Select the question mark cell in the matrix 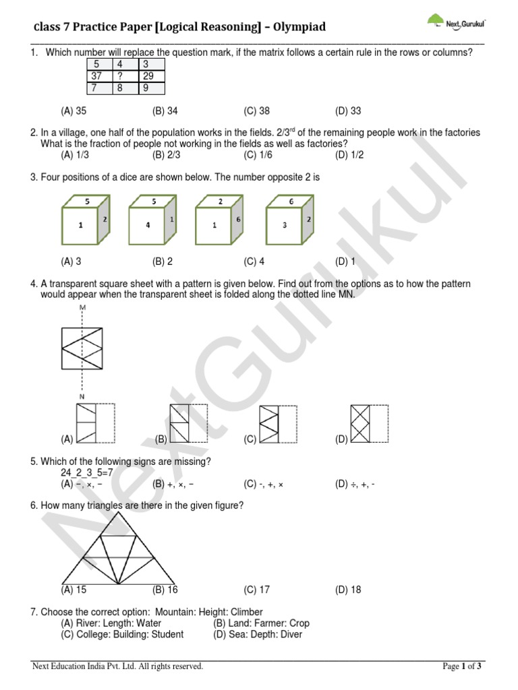[x=124, y=76]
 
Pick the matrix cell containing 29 [x=150, y=76]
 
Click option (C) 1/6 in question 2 [x=257, y=154]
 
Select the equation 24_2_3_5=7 [x=85, y=472]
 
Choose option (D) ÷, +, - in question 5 [x=355, y=483]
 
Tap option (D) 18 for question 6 [x=347, y=590]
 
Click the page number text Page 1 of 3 [x=462, y=666]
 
